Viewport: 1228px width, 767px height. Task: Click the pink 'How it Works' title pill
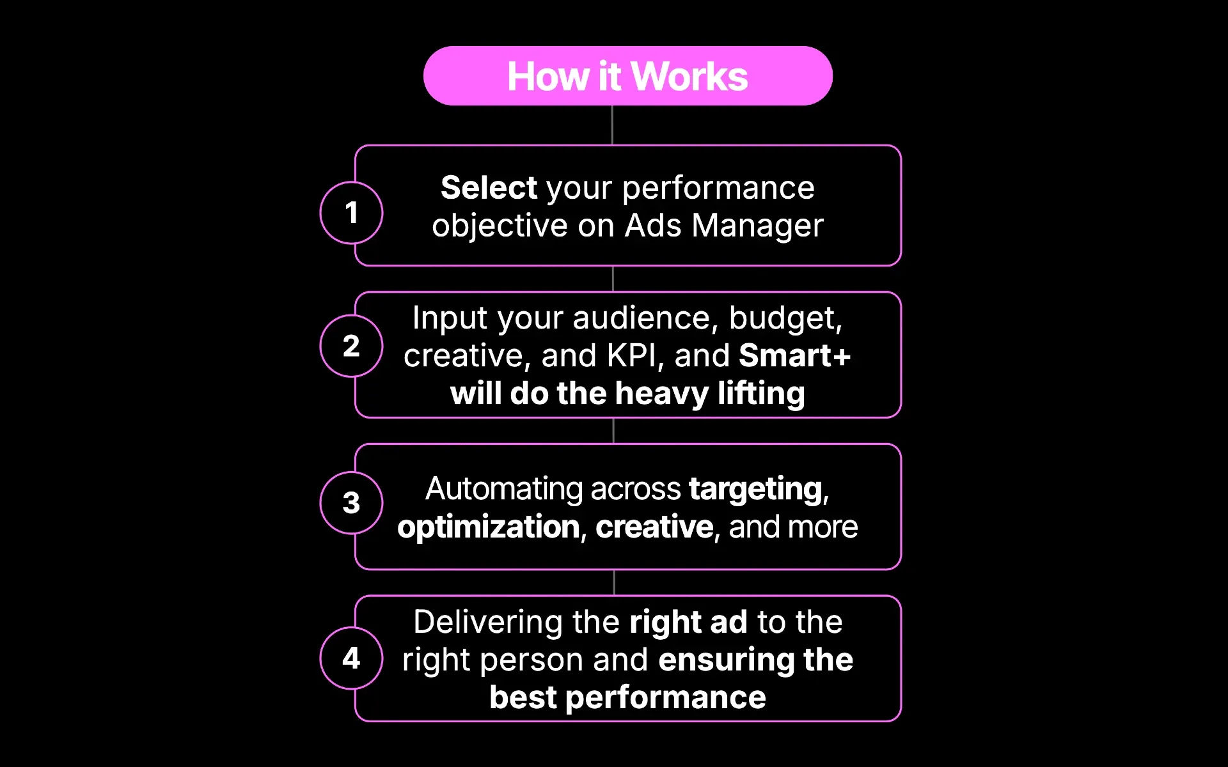[x=627, y=76]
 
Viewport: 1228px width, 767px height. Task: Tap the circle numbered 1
[x=351, y=213]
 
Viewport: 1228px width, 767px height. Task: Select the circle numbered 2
[x=351, y=346]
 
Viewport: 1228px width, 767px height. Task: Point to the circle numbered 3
[x=351, y=502]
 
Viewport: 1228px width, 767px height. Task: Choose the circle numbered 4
[x=351, y=658]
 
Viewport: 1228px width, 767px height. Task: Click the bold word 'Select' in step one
[x=489, y=188]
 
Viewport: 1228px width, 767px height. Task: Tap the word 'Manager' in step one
[x=757, y=226]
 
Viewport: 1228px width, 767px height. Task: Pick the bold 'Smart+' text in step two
[x=794, y=355]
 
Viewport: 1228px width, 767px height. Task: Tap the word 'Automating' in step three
[x=504, y=489]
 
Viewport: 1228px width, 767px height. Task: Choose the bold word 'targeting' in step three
[x=755, y=489]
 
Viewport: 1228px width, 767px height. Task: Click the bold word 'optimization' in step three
[x=488, y=527]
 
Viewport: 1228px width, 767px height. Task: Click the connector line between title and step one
[x=612, y=125]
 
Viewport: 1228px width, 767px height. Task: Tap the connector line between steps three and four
[x=614, y=582]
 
